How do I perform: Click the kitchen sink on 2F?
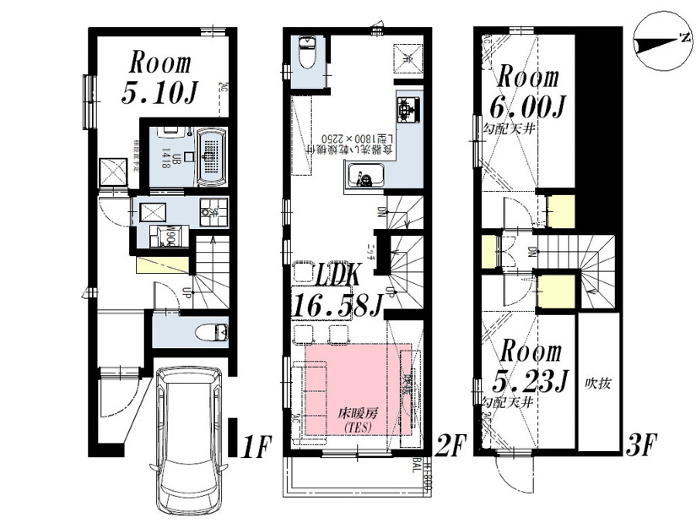pyautogui.click(x=361, y=176)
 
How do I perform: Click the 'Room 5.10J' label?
pyautogui.click(x=160, y=77)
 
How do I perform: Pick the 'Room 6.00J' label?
pyautogui.click(x=527, y=91)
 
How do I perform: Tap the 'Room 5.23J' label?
pyautogui.click(x=527, y=366)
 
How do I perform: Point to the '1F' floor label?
pyautogui.click(x=256, y=446)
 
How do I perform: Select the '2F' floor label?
pyautogui.click(x=451, y=446)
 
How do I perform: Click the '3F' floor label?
pyautogui.click(x=641, y=446)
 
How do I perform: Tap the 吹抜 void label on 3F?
pyautogui.click(x=598, y=383)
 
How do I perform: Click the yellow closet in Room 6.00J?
pyautogui.click(x=561, y=210)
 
